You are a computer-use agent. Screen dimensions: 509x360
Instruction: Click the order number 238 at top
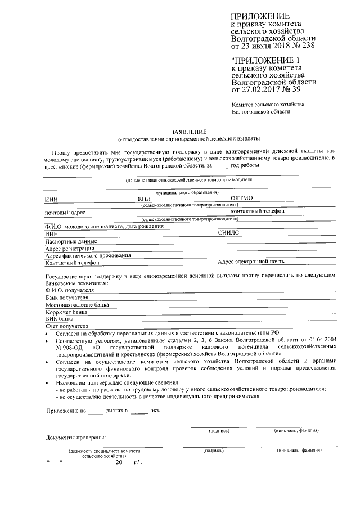click(307, 46)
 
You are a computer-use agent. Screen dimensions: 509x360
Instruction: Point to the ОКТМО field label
click(243, 198)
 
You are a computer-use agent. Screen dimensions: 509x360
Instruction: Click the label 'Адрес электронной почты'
click(251, 262)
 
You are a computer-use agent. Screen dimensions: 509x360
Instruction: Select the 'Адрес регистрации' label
click(69, 247)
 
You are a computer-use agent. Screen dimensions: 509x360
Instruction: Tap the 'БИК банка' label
click(59, 318)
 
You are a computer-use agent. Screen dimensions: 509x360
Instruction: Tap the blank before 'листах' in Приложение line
click(96, 411)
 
